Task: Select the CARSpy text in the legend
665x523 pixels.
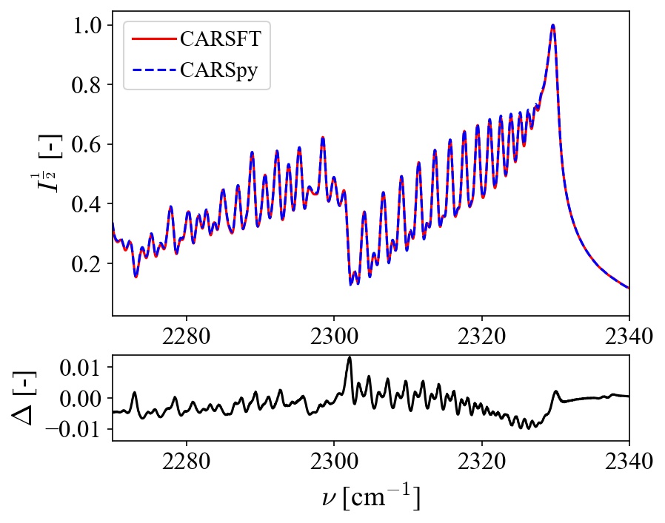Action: tap(223, 72)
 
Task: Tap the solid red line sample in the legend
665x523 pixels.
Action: tap(153, 38)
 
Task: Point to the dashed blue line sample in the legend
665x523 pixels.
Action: tap(153, 72)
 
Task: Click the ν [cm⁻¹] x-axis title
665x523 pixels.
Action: tap(371, 497)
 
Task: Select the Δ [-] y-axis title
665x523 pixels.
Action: tap(27, 398)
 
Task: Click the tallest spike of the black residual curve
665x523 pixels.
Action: tap(350, 357)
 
